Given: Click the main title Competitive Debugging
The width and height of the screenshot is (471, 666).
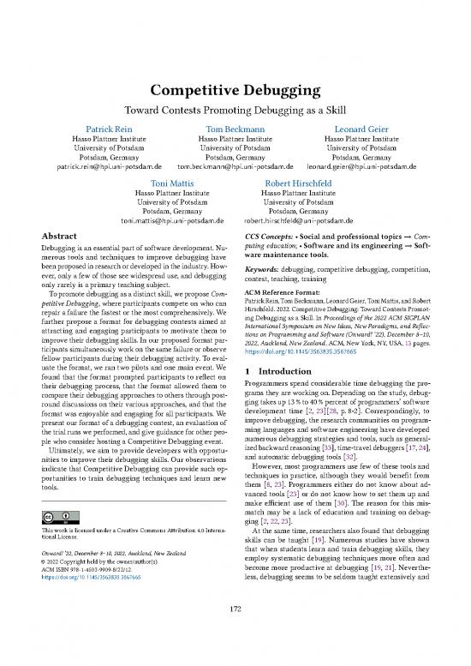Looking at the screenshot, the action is [x=235, y=91].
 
